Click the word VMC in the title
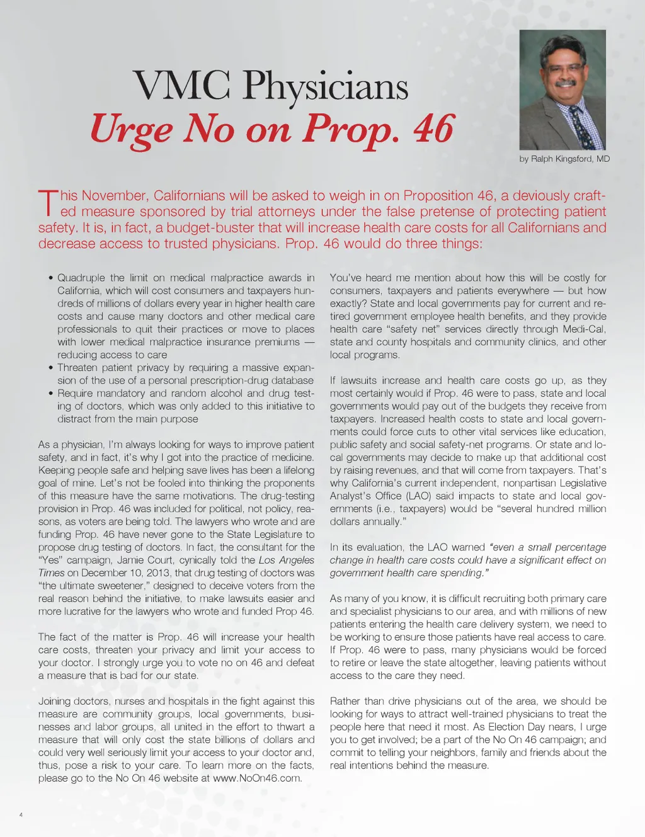(x=181, y=86)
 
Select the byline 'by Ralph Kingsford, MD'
(x=564, y=159)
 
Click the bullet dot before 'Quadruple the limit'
(x=50, y=278)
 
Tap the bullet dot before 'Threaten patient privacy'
(x=50, y=368)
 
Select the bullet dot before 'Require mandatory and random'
(x=50, y=394)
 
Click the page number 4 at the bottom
(x=21, y=815)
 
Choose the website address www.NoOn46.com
(x=257, y=778)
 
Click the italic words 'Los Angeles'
(x=286, y=560)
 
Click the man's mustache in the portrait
(x=565, y=83)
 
